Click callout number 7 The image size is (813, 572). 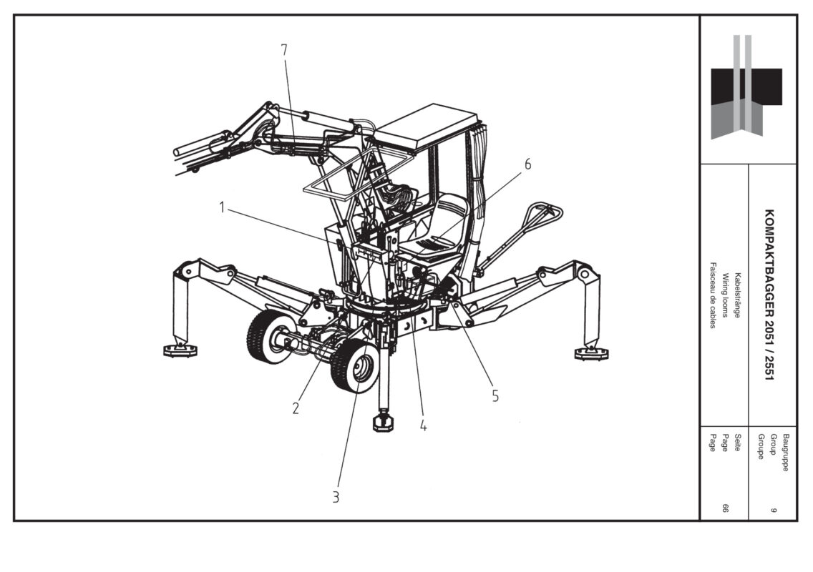coord(284,50)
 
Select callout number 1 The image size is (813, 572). coord(222,207)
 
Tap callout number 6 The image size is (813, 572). coord(528,164)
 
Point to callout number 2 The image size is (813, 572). coord(296,408)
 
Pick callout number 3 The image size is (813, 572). coord(336,497)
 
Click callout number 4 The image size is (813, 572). coord(424,425)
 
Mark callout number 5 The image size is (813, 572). coord(495,396)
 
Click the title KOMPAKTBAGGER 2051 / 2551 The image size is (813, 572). coord(769,295)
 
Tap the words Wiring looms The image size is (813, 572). coord(726,295)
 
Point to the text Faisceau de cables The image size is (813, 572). coord(713,295)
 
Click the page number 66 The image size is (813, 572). coord(726,508)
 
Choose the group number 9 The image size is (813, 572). coord(773,511)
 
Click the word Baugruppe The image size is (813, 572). coord(786,453)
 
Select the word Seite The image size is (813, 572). coord(737,442)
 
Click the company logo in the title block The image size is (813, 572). coord(746,87)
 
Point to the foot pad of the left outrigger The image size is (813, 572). coord(180,351)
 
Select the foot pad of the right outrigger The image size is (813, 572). coord(592,353)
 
